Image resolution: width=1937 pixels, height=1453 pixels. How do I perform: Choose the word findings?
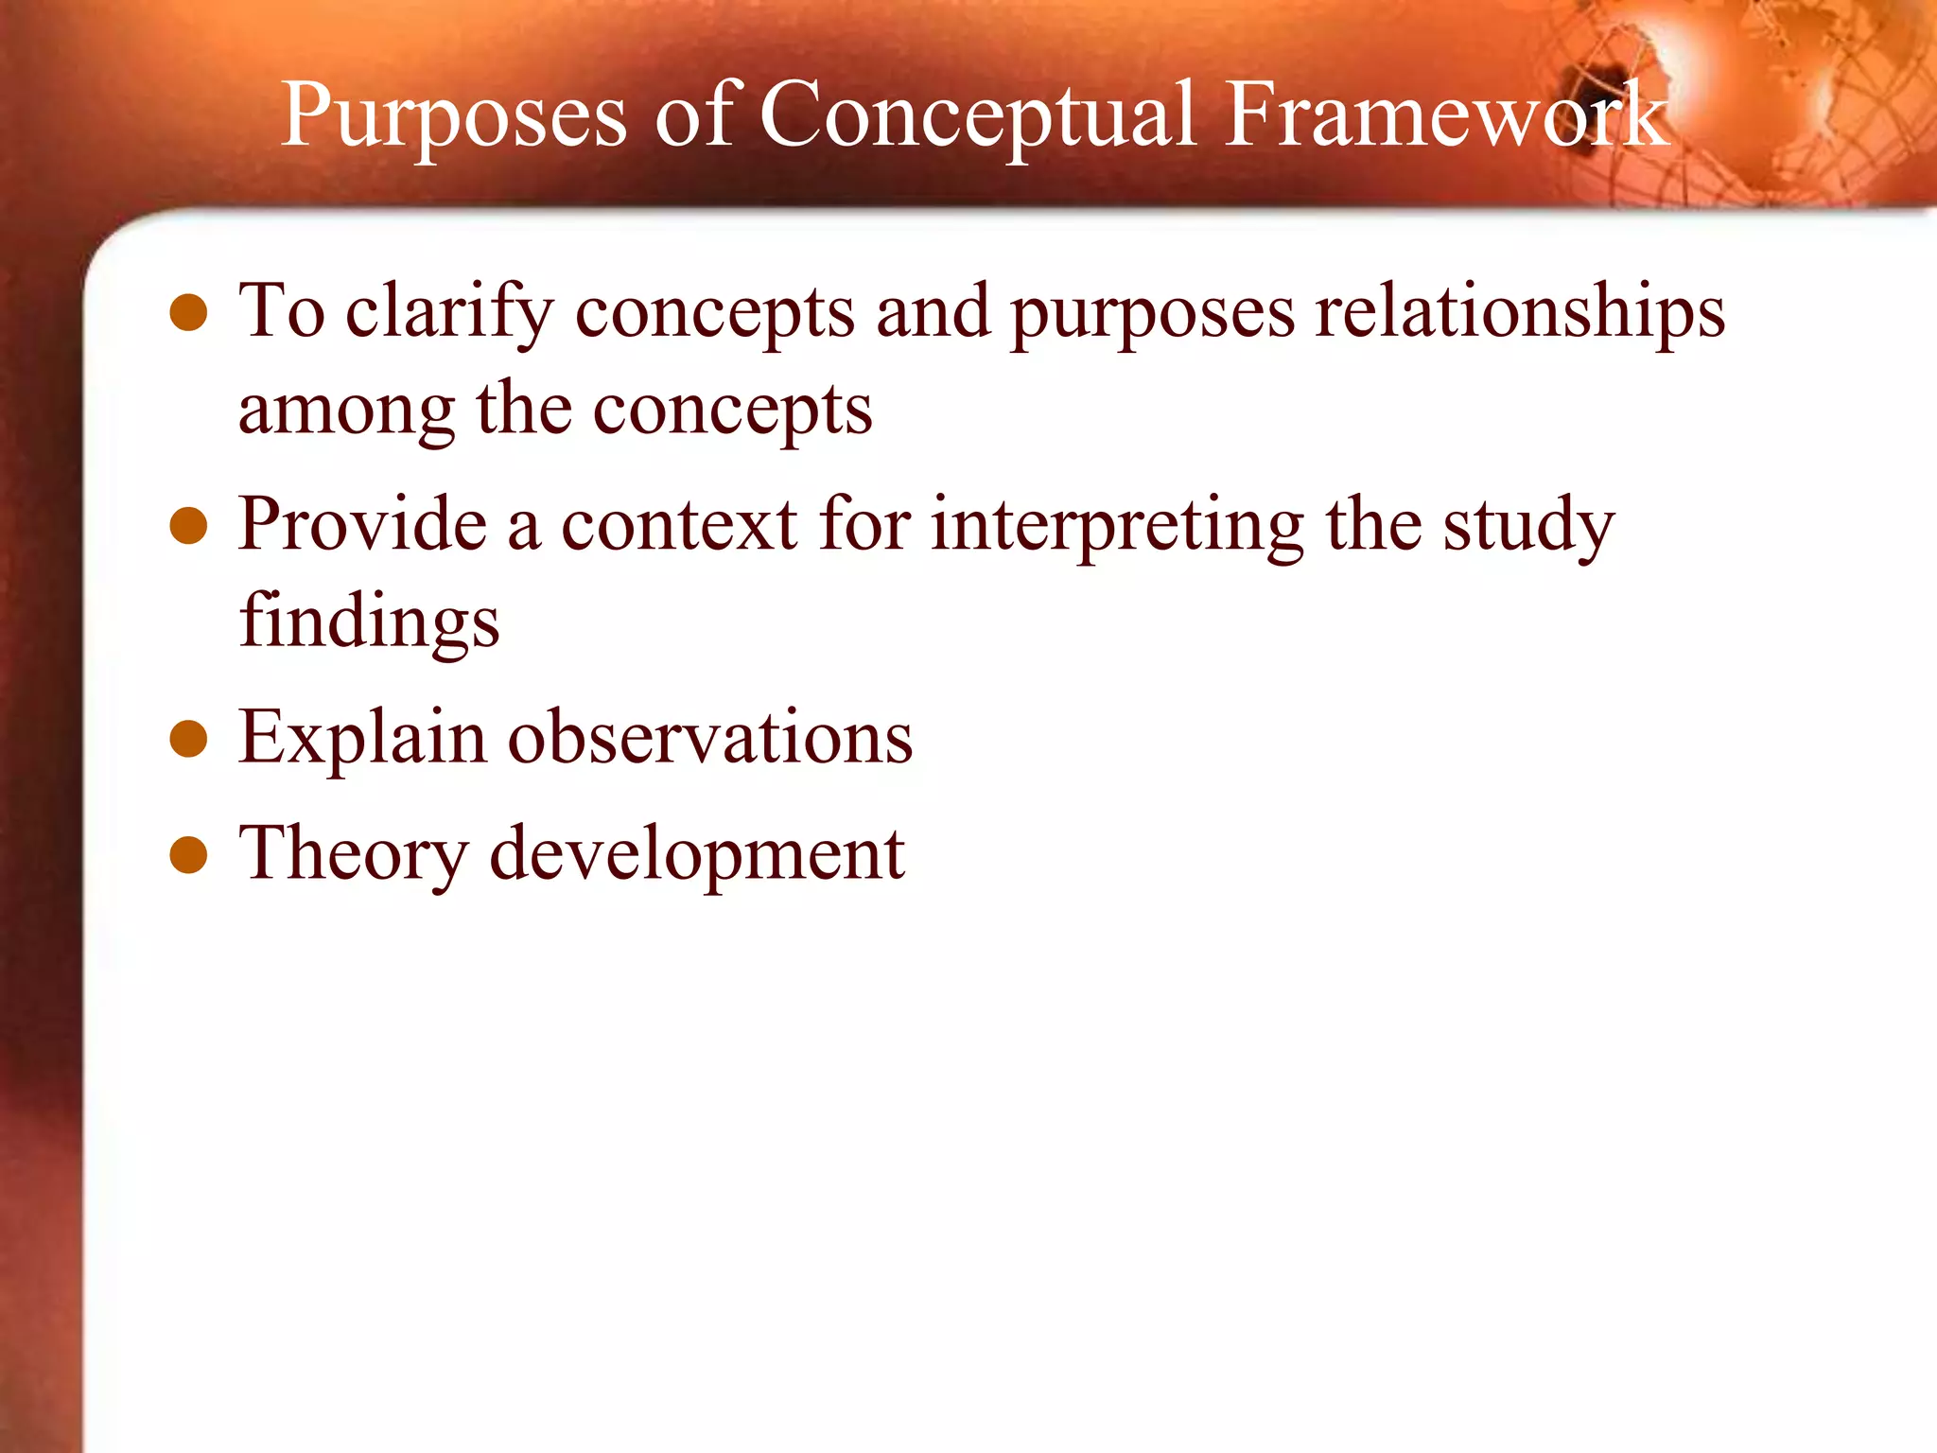pos(369,623)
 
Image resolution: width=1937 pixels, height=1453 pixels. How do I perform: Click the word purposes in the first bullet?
pos(1152,316)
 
